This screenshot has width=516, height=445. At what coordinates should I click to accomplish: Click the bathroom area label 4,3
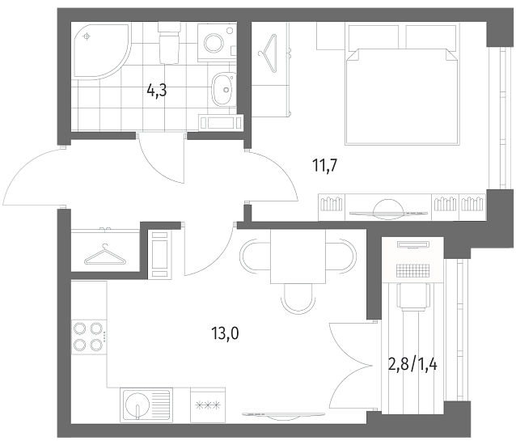(x=157, y=90)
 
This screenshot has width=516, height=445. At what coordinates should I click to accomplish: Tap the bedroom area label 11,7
(x=325, y=165)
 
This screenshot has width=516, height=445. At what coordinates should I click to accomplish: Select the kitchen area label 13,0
(x=226, y=333)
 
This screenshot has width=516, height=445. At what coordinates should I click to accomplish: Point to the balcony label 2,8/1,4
(x=412, y=364)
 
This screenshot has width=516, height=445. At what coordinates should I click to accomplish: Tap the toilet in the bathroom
(x=169, y=42)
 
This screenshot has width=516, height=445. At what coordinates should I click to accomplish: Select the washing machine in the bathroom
(x=216, y=42)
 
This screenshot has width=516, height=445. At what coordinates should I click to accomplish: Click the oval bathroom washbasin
(x=223, y=89)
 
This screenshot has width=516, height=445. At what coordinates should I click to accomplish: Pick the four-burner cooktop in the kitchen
(x=89, y=337)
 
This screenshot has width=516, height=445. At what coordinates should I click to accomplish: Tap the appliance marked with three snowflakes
(x=208, y=405)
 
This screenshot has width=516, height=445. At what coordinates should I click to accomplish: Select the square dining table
(x=298, y=256)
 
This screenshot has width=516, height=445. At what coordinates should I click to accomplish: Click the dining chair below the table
(x=297, y=299)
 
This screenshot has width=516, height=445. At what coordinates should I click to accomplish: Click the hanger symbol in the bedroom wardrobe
(x=268, y=53)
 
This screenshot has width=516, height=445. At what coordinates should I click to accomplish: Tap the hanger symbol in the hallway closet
(x=105, y=255)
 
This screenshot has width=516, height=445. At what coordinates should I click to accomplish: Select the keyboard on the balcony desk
(x=413, y=271)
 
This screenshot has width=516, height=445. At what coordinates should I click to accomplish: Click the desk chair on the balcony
(x=413, y=297)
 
